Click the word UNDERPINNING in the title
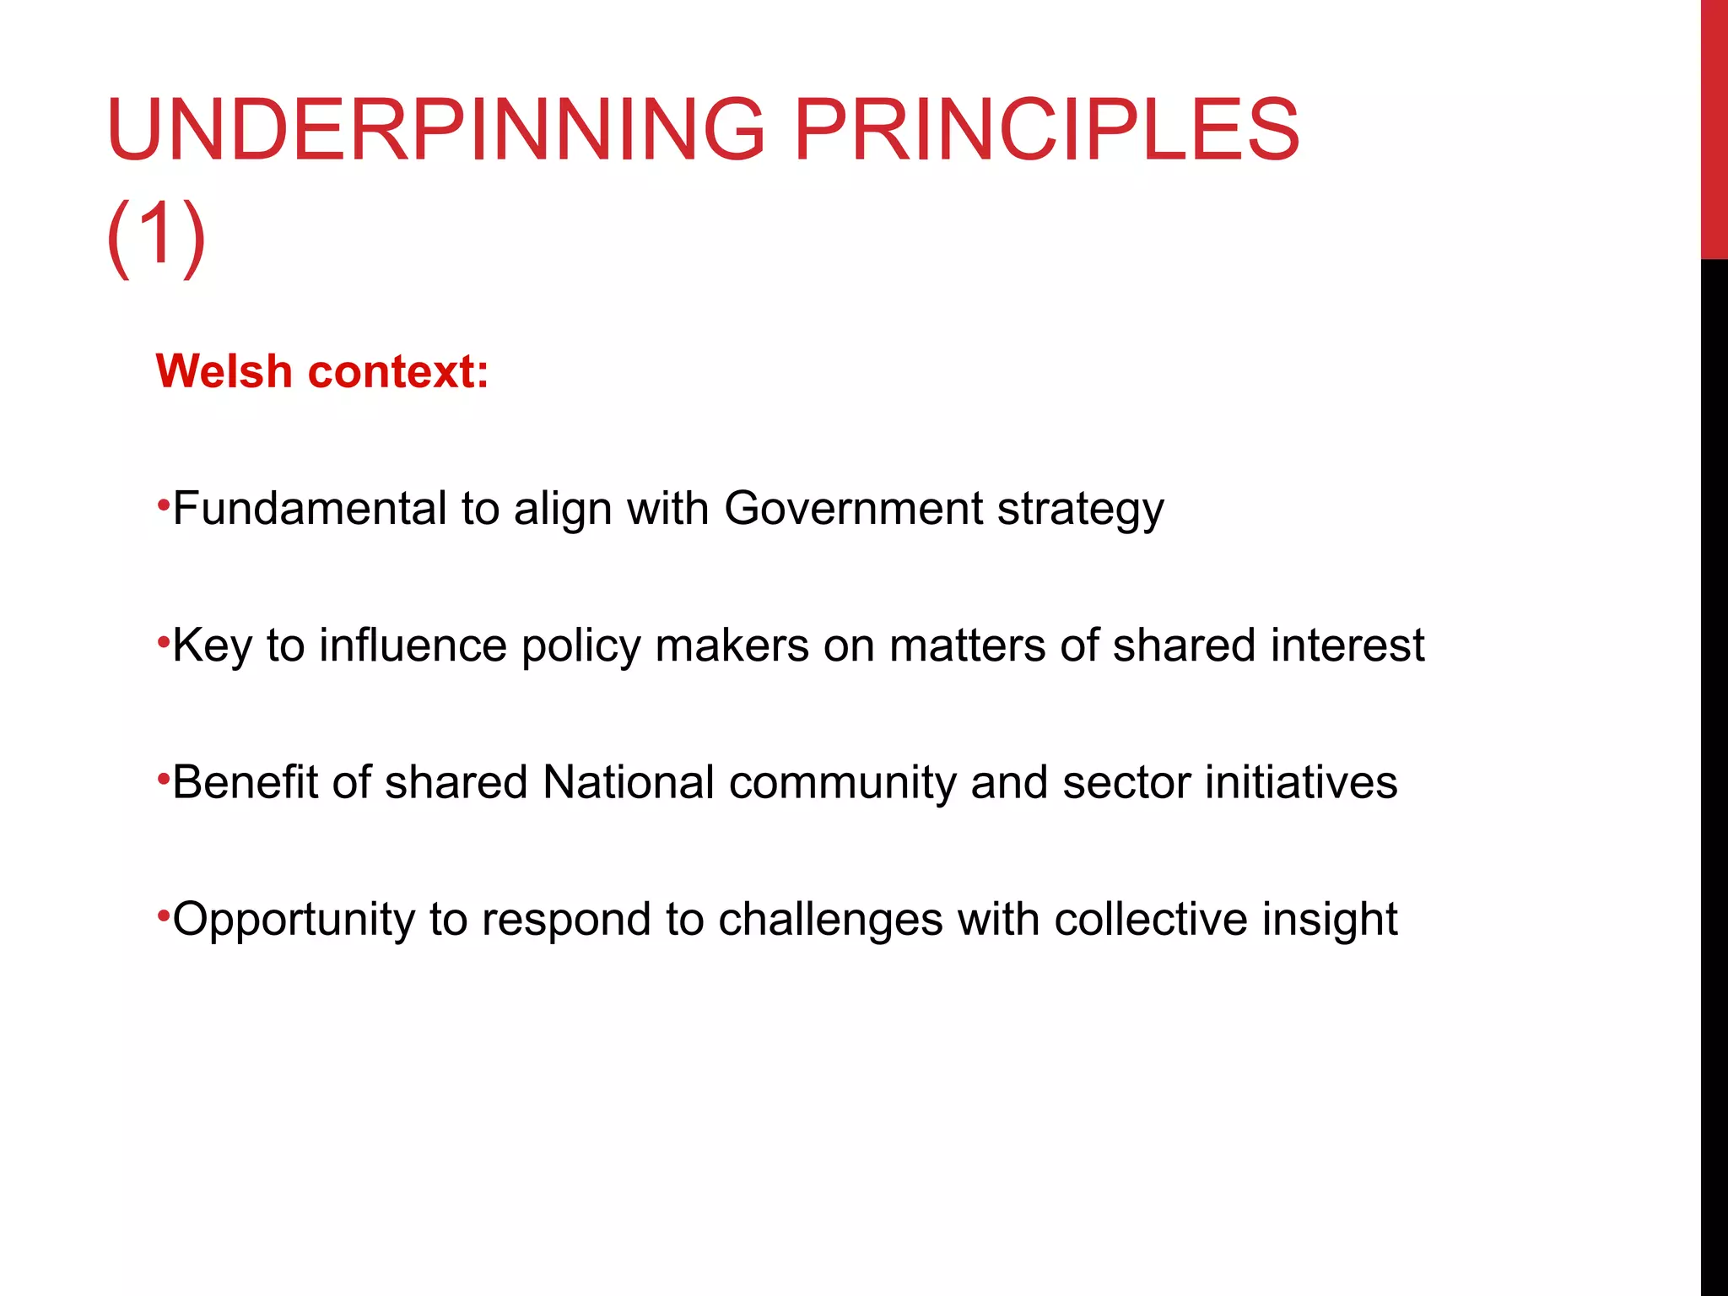click(x=435, y=130)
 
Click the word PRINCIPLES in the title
click(x=1047, y=130)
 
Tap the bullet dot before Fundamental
click(x=163, y=506)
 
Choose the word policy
click(x=581, y=647)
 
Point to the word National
click(x=629, y=782)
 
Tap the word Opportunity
click(x=294, y=920)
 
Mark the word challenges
click(x=830, y=920)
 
